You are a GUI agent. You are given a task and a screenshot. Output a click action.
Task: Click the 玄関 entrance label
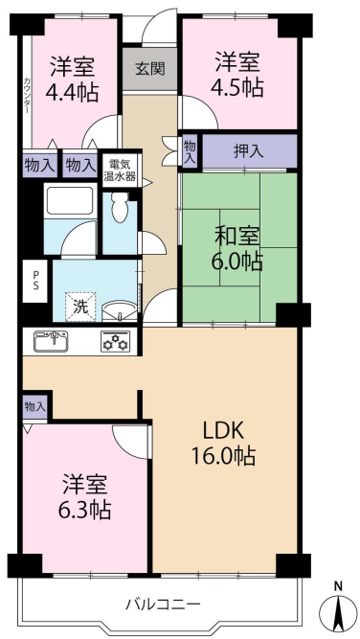(150, 69)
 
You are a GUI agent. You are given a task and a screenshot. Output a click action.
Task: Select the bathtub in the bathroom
(70, 200)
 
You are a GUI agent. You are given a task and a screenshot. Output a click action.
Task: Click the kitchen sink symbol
(51, 341)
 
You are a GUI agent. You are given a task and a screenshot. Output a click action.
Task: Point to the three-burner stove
(116, 341)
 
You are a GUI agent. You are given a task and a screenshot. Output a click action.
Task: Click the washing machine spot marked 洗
(81, 307)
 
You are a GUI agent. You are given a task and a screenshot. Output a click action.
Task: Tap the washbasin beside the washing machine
(119, 311)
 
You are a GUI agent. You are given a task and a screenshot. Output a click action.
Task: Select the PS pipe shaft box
(35, 281)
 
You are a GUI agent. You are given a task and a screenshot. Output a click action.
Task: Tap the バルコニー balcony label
(163, 603)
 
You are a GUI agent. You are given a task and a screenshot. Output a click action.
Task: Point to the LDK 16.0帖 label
(224, 444)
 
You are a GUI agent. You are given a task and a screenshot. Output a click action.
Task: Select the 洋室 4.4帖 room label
(72, 80)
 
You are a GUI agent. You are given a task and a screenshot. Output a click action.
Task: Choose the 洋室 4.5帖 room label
(237, 74)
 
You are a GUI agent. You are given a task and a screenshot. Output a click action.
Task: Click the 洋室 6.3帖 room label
(84, 496)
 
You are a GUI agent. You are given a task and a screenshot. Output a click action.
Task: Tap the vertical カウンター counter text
(27, 95)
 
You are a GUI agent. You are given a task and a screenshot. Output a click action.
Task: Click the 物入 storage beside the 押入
(189, 151)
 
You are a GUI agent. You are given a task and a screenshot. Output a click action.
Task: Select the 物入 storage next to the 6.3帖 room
(35, 406)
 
